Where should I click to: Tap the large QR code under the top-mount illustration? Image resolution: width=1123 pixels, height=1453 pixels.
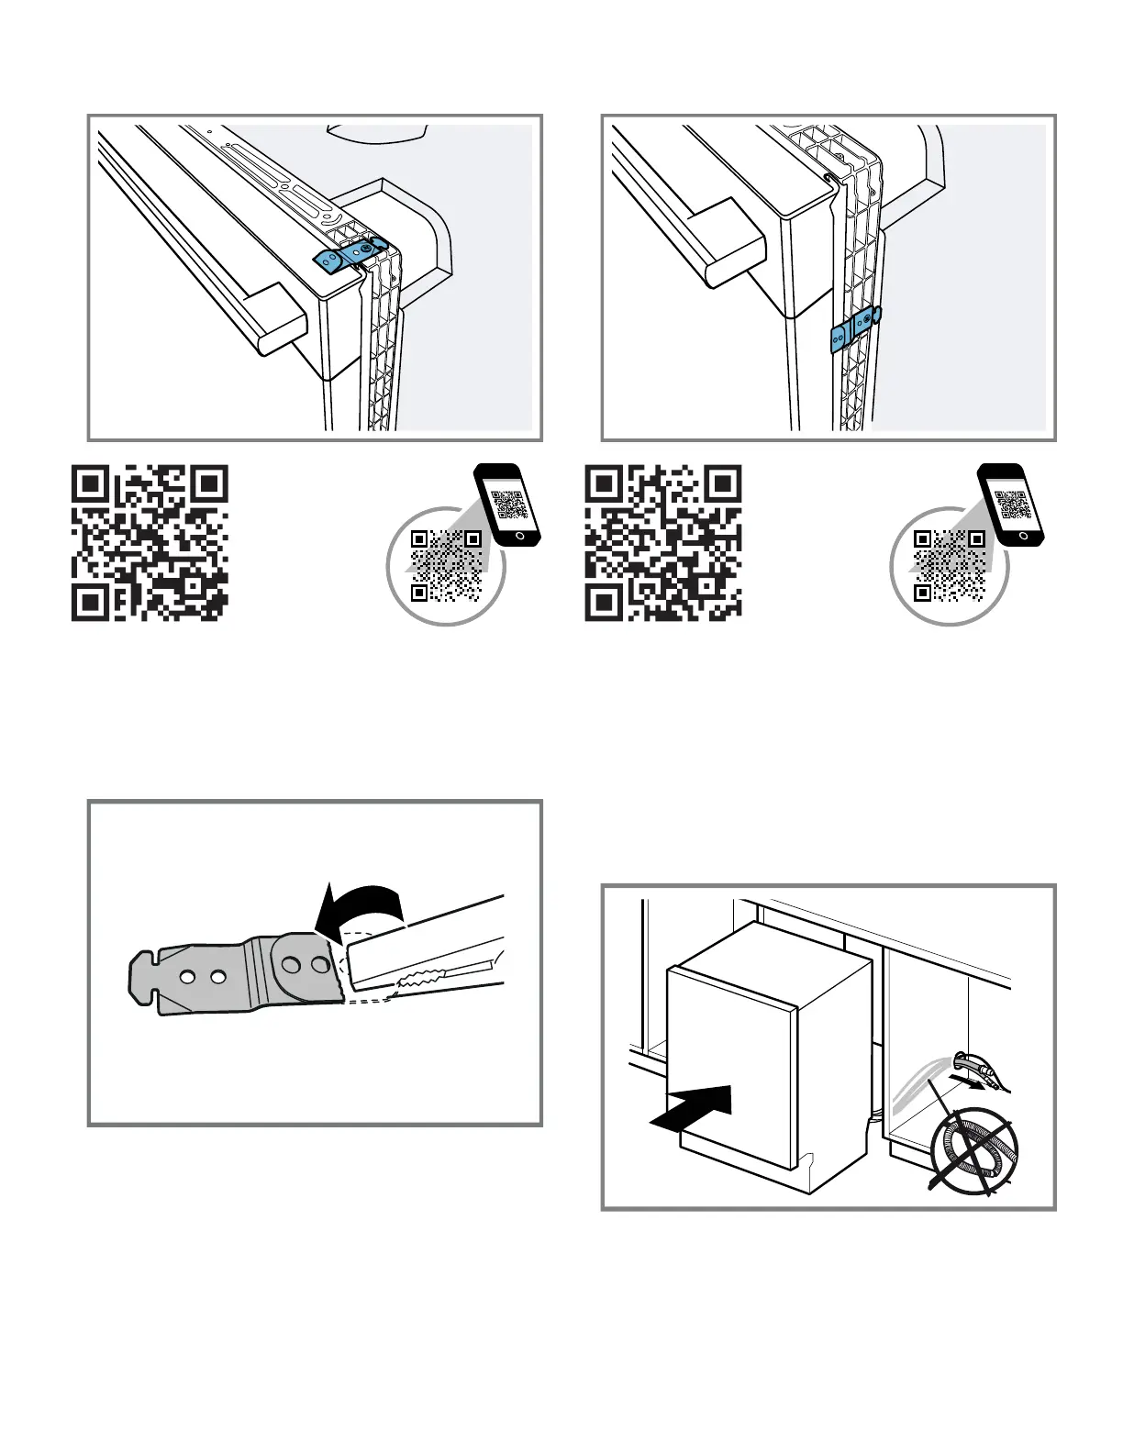150,542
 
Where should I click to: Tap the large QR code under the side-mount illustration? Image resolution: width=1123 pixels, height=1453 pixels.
663,542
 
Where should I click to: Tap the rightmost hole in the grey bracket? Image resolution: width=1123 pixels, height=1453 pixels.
319,965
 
